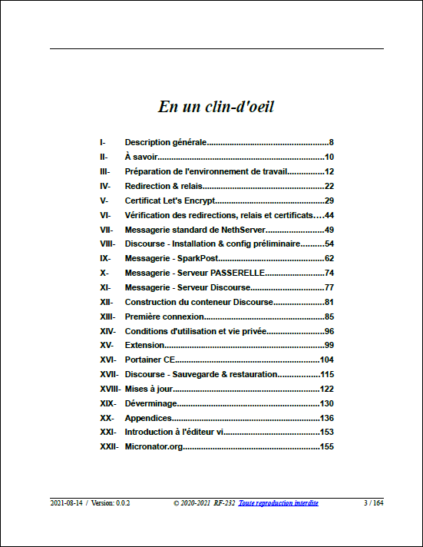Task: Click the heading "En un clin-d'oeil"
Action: point(216,107)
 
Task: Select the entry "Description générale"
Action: point(166,142)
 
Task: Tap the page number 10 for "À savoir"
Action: point(329,157)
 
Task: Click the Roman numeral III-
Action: point(105,171)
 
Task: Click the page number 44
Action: point(329,215)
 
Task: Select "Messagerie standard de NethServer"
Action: point(195,230)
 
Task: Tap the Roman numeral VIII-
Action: point(107,244)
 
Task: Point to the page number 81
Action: point(329,302)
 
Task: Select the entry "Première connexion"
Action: point(164,317)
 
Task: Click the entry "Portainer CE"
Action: point(149,360)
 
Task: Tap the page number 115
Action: point(326,374)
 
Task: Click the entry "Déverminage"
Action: point(150,403)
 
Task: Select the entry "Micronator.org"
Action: point(154,446)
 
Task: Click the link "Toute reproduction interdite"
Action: point(278,502)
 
